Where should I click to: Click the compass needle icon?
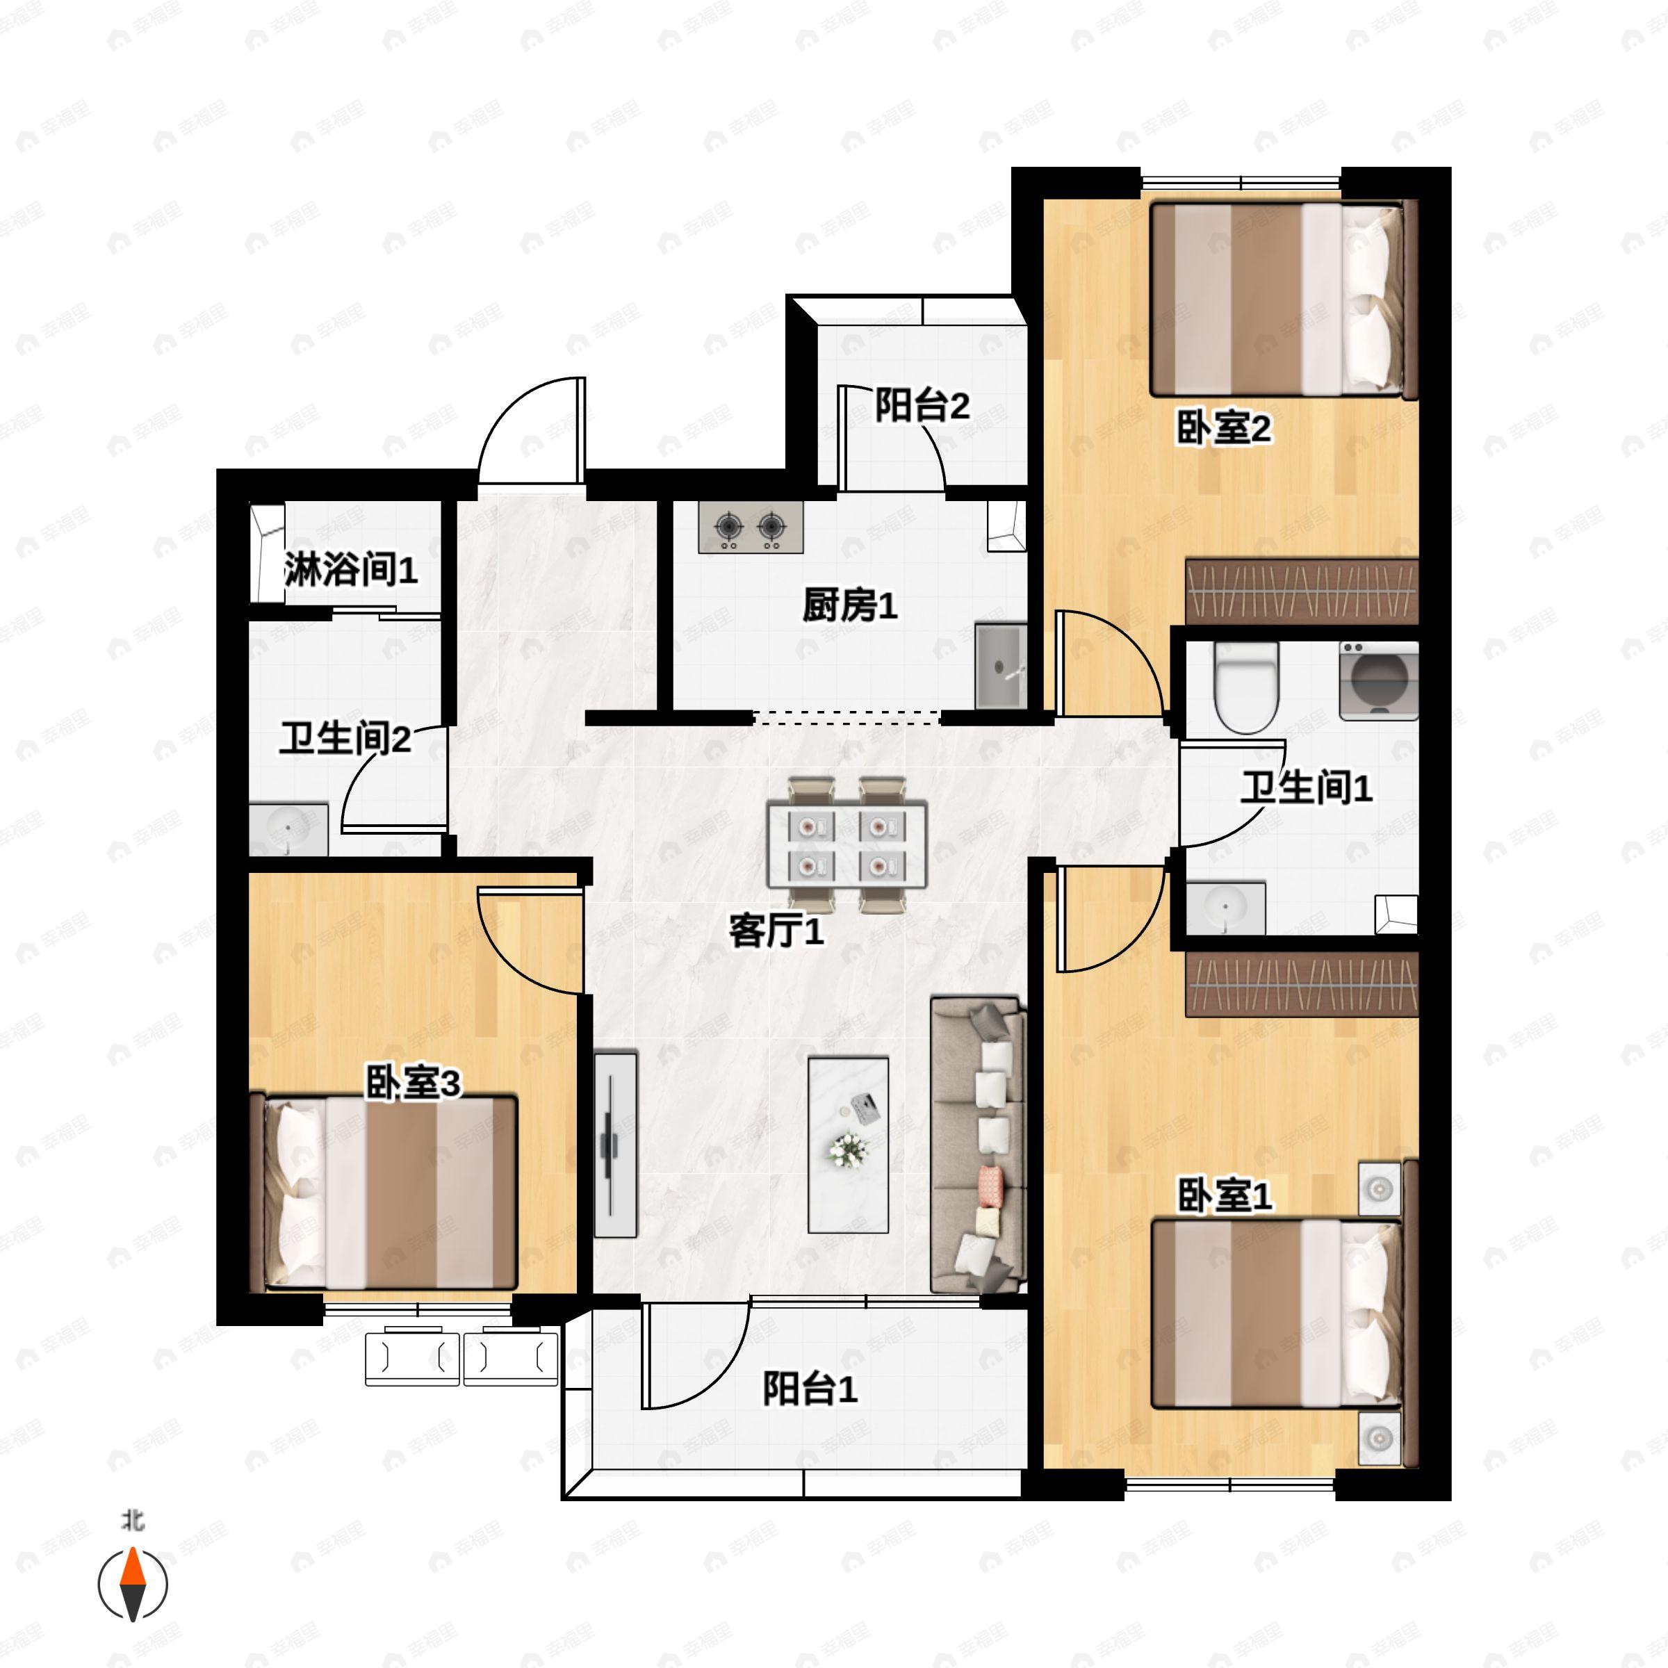click(132, 1585)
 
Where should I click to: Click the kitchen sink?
click(1001, 666)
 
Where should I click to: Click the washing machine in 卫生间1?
click(1379, 680)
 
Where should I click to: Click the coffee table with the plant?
click(848, 1145)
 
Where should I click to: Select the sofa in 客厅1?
click(977, 1145)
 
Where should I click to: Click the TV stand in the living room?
click(616, 1144)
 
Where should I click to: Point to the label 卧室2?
click(1223, 428)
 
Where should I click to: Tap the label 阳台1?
click(810, 1389)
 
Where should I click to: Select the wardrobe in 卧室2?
click(1301, 591)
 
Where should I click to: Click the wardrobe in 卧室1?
click(1301, 984)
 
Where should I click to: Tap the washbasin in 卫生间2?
click(288, 830)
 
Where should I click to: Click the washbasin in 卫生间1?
click(1225, 908)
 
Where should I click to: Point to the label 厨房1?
click(849, 606)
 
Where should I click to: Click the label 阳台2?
click(922, 406)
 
